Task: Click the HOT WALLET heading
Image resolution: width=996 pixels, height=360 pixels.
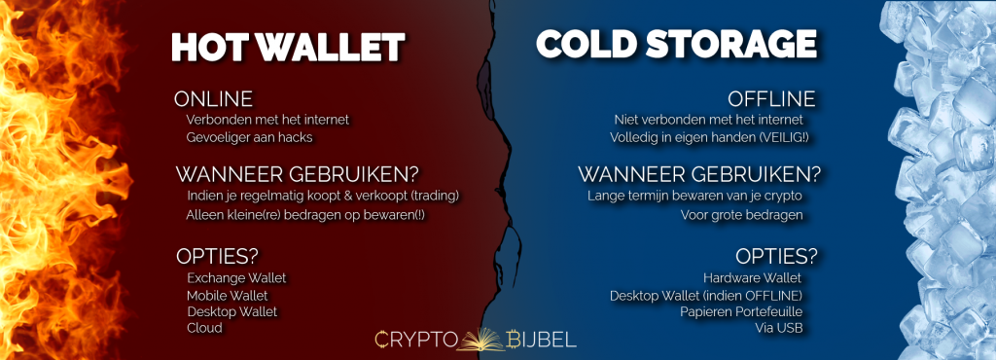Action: click(287, 46)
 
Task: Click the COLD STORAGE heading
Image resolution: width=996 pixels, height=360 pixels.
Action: click(675, 44)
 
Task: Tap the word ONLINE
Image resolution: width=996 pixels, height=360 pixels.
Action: click(213, 99)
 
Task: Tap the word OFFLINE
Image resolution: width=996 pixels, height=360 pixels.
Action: click(771, 99)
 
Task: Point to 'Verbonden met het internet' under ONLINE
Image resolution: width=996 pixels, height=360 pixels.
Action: click(267, 120)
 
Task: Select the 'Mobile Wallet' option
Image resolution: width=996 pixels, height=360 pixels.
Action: click(227, 295)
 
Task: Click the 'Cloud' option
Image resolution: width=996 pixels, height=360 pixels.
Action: click(204, 328)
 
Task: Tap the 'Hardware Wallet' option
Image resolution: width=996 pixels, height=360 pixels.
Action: click(760, 278)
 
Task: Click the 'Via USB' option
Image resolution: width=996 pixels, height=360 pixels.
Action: click(785, 328)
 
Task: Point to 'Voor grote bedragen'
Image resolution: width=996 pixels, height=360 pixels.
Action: click(755, 215)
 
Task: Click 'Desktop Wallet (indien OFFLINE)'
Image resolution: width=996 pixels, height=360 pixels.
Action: click(712, 295)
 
